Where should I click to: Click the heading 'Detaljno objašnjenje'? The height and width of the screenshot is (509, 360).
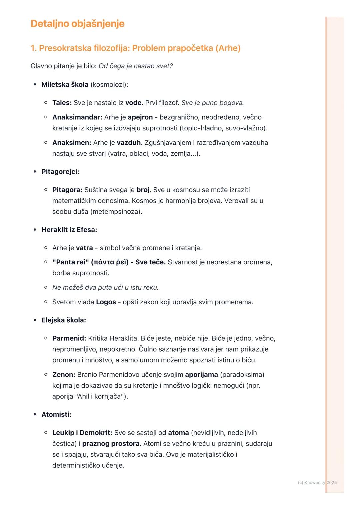click(77, 24)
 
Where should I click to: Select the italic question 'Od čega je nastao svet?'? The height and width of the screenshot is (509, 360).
click(136, 66)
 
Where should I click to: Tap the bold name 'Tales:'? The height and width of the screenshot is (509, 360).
click(62, 103)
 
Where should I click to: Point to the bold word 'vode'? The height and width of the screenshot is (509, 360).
click(133, 103)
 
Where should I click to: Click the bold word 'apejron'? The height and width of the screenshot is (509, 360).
click(140, 117)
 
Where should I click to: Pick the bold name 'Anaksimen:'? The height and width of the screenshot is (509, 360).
click(72, 143)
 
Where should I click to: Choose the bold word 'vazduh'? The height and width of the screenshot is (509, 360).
click(129, 143)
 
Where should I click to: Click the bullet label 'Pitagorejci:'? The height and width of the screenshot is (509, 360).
click(60, 172)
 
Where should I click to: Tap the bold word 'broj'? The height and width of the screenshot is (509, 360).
click(143, 190)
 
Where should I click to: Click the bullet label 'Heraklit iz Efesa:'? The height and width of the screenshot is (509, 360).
click(69, 230)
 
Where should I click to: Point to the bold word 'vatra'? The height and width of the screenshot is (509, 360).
click(84, 248)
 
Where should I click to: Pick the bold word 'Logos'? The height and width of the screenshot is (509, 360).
click(106, 302)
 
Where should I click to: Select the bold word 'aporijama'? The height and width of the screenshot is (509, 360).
click(201, 375)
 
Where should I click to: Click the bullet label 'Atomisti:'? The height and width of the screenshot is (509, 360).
click(56, 415)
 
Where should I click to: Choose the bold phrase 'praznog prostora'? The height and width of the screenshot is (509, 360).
click(111, 444)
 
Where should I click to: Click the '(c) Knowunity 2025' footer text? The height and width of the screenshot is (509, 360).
click(317, 482)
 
